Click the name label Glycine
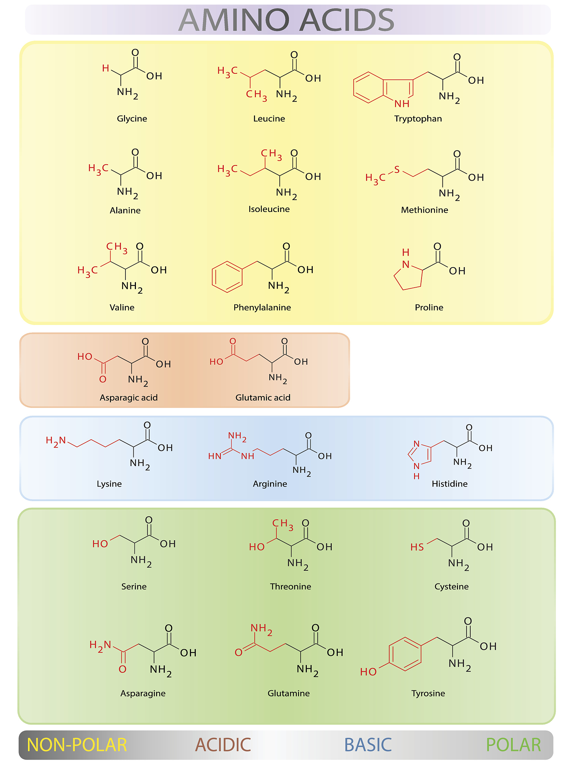point(132,118)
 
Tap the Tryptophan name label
point(418,118)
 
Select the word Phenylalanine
point(262,307)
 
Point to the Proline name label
point(429,307)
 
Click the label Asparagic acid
point(128,398)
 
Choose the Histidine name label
point(449,484)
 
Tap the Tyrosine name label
point(428,693)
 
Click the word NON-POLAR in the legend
point(77,745)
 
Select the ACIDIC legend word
point(223,745)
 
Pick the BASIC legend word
point(368,745)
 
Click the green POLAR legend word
point(514,745)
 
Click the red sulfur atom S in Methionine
point(397,170)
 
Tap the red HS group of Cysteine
point(417,547)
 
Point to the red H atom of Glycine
point(106,68)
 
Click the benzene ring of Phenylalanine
point(227,277)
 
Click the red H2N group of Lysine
point(55,441)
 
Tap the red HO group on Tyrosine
point(368,672)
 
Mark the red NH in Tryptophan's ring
point(402,103)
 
